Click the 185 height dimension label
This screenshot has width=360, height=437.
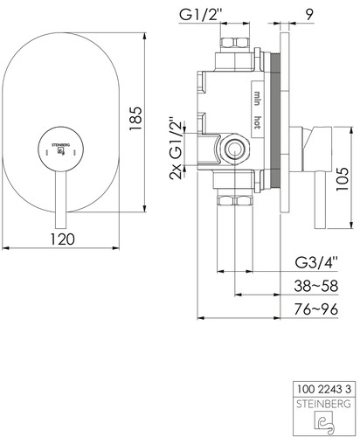click(x=135, y=119)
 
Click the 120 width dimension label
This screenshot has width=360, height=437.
click(x=63, y=239)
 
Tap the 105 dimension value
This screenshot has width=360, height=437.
click(x=343, y=179)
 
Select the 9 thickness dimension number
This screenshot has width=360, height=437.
click(x=309, y=15)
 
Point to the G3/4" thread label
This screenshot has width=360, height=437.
click(x=316, y=263)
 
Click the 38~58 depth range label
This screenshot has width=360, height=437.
click(x=316, y=286)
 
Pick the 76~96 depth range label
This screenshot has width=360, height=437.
click(x=316, y=309)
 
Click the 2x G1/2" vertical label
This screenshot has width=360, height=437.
click(x=177, y=149)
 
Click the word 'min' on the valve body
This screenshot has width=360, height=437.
click(x=257, y=98)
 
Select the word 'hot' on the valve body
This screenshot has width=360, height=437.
click(x=257, y=122)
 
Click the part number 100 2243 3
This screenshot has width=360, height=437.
click(x=324, y=389)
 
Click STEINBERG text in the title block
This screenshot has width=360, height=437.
click(x=323, y=404)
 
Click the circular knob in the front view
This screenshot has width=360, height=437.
click(x=61, y=149)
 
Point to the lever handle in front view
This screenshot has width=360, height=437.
click(x=61, y=199)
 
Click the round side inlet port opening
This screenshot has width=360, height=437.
click(x=233, y=149)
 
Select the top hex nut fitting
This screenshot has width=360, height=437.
click(x=235, y=43)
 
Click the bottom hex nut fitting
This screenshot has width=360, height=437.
click(x=235, y=201)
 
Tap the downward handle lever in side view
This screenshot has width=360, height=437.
click(x=320, y=200)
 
